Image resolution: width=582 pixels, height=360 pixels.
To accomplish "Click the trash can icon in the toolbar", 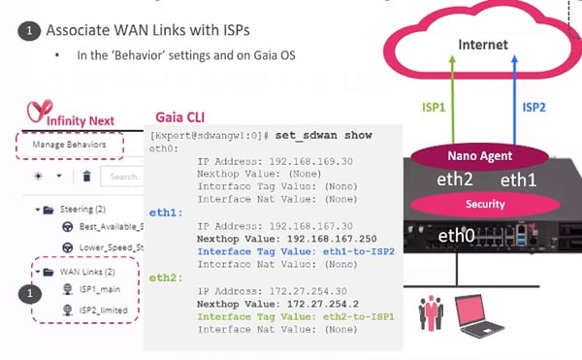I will pos(85,177).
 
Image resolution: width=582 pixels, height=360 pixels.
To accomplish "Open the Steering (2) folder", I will pos(77,209).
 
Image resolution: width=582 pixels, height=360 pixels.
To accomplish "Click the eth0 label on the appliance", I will pos(456,235).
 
